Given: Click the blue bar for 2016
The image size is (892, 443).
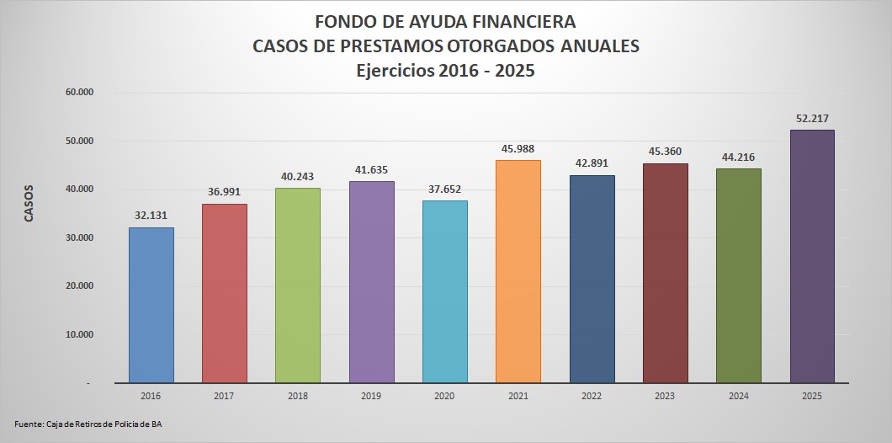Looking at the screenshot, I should [x=151, y=305].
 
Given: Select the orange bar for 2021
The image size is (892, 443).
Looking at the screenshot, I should [x=518, y=271].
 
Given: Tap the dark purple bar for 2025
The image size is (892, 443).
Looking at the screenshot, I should [x=812, y=256].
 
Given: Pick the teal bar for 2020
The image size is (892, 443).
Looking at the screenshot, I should [x=445, y=291].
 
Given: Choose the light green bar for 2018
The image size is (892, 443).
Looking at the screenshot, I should [x=298, y=285].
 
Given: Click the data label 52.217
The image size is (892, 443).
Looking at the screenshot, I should [x=812, y=119].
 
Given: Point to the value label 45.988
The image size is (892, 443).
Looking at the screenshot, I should [x=518, y=149].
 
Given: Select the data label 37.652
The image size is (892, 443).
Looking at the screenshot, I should [x=445, y=189].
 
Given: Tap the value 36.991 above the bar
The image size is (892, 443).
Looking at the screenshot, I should [x=225, y=193].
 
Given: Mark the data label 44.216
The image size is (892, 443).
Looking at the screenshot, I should [x=739, y=157].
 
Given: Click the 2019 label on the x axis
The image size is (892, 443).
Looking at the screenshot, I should [x=371, y=395].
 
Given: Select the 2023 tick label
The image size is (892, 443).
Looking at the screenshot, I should [x=665, y=395].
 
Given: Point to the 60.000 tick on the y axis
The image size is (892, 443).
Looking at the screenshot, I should [x=78, y=92].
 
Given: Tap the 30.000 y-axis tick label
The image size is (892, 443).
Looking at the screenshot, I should [x=78, y=238].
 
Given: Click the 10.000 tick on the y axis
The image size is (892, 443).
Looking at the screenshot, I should [x=78, y=334].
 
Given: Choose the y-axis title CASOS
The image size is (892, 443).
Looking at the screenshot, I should [x=29, y=203].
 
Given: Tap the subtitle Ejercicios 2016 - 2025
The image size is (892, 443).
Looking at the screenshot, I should [x=445, y=71].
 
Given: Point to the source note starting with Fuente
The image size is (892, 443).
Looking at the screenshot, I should [x=88, y=424].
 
